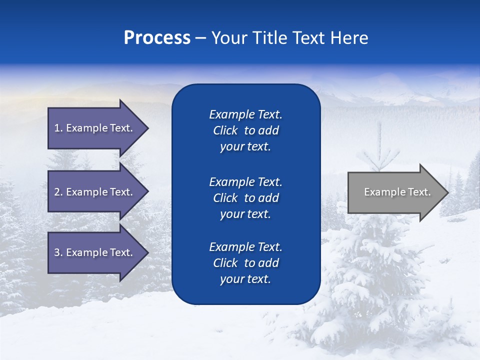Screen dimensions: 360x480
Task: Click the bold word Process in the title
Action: (157, 38)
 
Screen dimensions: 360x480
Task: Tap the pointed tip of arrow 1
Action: (147, 128)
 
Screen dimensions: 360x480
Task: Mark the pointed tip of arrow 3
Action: (147, 252)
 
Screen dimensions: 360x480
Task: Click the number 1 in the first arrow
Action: (57, 128)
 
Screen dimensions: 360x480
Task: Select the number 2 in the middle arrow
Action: (57, 192)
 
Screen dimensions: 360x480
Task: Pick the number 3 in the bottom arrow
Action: (57, 252)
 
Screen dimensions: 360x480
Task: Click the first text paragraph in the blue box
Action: (245, 130)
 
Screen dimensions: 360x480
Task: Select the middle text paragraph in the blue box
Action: (245, 198)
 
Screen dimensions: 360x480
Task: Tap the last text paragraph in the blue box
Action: (245, 263)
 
